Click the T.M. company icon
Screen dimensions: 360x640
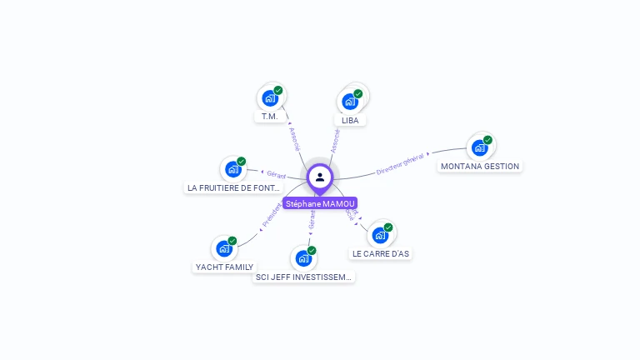coord(270,98)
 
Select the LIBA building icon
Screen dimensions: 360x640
coord(351,102)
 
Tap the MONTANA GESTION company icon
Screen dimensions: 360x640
coord(479,148)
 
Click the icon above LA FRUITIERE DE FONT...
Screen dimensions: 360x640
coord(233,169)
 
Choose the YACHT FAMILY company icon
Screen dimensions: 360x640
coord(224,248)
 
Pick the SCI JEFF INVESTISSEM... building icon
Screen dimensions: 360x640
coord(304,258)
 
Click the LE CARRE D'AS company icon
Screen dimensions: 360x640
coord(380,235)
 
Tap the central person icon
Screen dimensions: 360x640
coord(320,177)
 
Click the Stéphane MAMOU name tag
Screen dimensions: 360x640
coord(320,203)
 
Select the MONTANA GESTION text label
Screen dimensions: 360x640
coord(480,166)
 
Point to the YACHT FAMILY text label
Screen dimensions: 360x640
coord(224,267)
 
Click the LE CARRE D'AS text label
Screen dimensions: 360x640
coord(381,253)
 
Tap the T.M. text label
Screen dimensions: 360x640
coord(269,117)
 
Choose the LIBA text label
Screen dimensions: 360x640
coord(350,120)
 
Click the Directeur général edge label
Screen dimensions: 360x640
coord(400,162)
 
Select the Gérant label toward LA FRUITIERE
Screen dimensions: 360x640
coord(276,175)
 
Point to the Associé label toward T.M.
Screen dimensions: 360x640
coord(295,138)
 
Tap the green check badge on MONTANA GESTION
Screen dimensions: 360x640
coord(487,140)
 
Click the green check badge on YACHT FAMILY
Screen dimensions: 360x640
coord(232,241)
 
